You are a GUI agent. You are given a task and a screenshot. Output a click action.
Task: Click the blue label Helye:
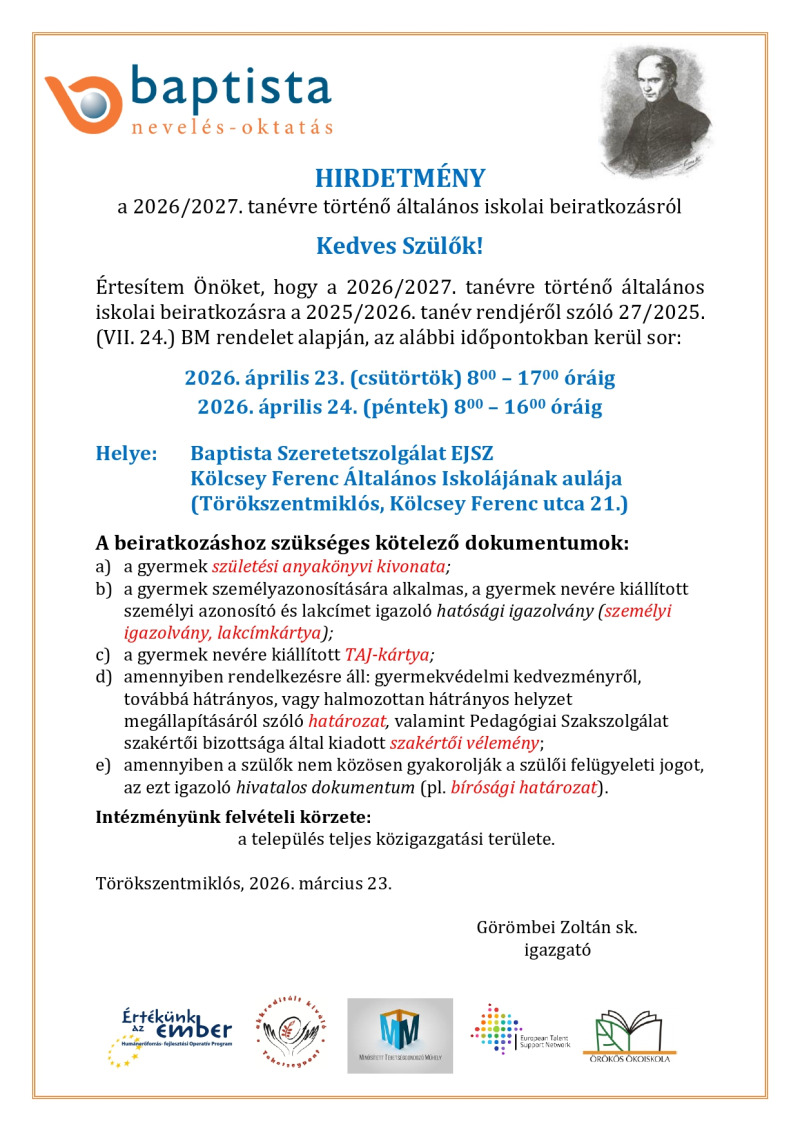[x=126, y=454]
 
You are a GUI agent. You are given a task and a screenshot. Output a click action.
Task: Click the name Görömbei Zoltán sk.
[x=557, y=927]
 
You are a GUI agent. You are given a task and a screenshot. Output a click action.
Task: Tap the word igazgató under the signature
[x=557, y=949]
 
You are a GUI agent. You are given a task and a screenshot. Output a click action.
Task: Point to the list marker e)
[x=103, y=766]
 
